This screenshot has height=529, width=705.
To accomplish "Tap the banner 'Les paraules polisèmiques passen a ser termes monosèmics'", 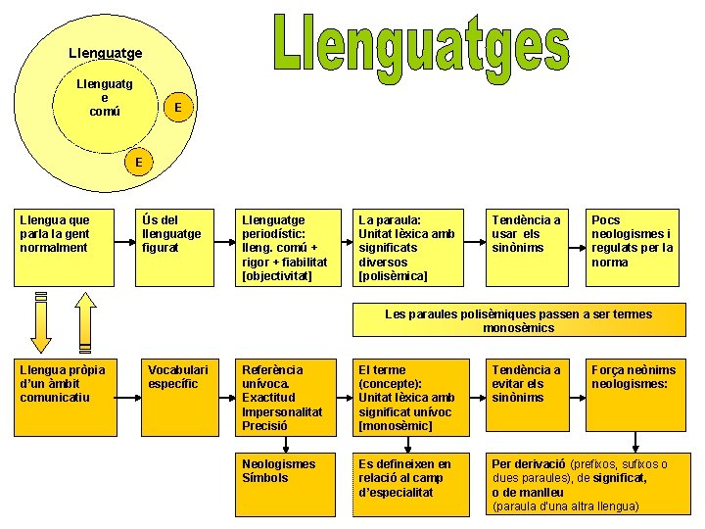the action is [x=519, y=320].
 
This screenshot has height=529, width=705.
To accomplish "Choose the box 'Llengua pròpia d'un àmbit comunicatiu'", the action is [x=62, y=398].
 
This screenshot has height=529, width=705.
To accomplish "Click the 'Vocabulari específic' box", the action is [x=180, y=398].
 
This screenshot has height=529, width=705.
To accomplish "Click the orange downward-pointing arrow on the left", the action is [x=41, y=322].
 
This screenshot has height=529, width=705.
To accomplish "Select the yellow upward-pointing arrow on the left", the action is [x=86, y=322].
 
